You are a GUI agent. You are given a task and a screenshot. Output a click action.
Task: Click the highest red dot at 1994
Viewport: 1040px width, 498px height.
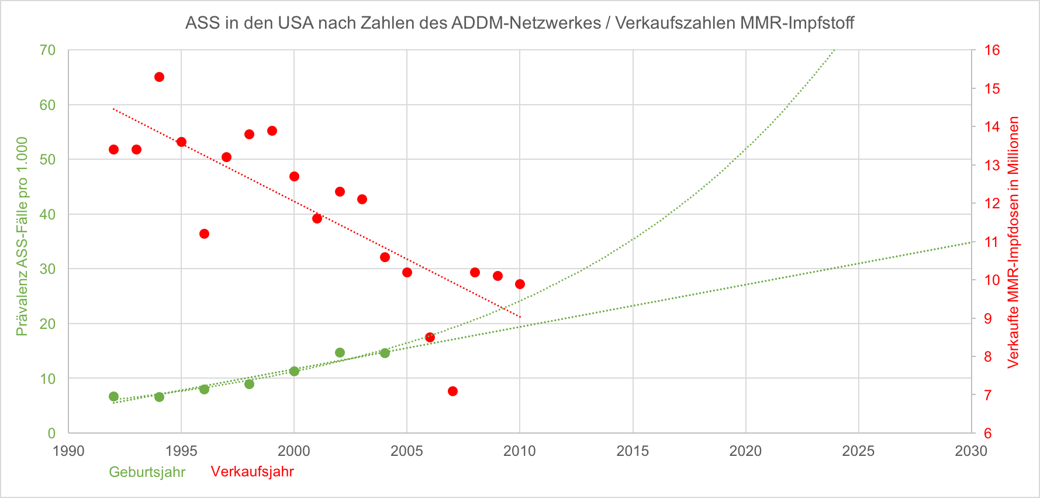click(159, 77)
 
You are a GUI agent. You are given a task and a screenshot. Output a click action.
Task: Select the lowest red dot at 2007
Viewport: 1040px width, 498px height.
click(452, 391)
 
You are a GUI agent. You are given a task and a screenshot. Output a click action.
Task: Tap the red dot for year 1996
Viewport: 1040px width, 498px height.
click(204, 234)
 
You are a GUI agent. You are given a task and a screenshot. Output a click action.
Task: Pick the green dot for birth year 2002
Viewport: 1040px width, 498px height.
click(340, 352)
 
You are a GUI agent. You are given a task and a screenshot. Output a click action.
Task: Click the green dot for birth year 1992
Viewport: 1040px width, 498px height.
click(113, 397)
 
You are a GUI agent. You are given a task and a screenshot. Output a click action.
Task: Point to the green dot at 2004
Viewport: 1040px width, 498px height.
click(385, 353)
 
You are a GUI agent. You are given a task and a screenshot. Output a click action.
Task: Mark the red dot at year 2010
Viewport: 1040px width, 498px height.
click(520, 284)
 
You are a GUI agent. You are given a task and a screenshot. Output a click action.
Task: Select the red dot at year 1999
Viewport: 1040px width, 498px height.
click(272, 130)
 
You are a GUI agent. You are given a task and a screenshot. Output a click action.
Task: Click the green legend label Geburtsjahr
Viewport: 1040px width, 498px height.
click(147, 472)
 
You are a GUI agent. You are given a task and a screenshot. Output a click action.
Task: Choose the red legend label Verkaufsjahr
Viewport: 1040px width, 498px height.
click(252, 472)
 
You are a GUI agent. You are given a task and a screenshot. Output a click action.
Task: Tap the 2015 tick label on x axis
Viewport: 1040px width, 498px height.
click(633, 451)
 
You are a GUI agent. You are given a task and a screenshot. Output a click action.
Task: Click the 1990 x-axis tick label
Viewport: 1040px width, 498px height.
click(68, 451)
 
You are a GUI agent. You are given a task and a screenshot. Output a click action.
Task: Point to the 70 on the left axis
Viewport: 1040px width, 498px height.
click(47, 50)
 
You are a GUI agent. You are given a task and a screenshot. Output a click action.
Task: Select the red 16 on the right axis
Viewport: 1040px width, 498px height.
click(992, 50)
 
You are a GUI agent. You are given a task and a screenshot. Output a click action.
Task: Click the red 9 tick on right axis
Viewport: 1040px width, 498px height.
click(988, 318)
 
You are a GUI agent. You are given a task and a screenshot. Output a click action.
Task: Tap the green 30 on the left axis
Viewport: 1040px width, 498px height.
click(47, 269)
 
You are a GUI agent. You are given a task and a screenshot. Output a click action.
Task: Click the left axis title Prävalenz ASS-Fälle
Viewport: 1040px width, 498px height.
click(22, 236)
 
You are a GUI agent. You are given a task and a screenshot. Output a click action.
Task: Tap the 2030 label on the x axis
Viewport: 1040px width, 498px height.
click(970, 451)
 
